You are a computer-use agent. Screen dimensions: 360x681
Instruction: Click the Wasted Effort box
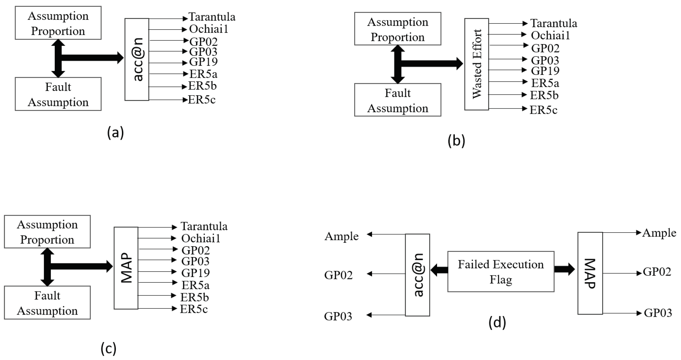(476, 64)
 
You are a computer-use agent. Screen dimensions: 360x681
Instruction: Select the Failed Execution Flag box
(500, 271)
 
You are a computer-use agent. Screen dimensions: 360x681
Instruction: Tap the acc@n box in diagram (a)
(137, 59)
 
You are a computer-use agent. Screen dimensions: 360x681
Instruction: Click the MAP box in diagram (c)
(126, 268)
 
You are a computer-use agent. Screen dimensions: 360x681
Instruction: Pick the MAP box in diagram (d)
(590, 273)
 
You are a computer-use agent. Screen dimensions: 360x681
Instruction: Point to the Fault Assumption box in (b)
(397, 100)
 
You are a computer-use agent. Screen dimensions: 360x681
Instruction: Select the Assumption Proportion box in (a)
(58, 23)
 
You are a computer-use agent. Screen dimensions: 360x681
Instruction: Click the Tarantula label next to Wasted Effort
(554, 23)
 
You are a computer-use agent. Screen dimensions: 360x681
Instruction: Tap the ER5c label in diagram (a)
(201, 100)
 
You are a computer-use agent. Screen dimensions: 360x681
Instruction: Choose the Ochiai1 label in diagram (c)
(201, 238)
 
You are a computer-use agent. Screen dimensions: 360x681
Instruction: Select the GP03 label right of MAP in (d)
(658, 313)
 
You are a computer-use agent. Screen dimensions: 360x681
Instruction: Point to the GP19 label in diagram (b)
(545, 71)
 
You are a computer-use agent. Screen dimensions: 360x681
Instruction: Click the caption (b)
(456, 140)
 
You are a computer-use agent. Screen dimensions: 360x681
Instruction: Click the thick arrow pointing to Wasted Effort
(431, 63)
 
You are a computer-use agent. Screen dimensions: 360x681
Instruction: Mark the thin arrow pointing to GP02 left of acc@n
(386, 274)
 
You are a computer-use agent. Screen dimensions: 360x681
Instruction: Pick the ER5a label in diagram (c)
(195, 285)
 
